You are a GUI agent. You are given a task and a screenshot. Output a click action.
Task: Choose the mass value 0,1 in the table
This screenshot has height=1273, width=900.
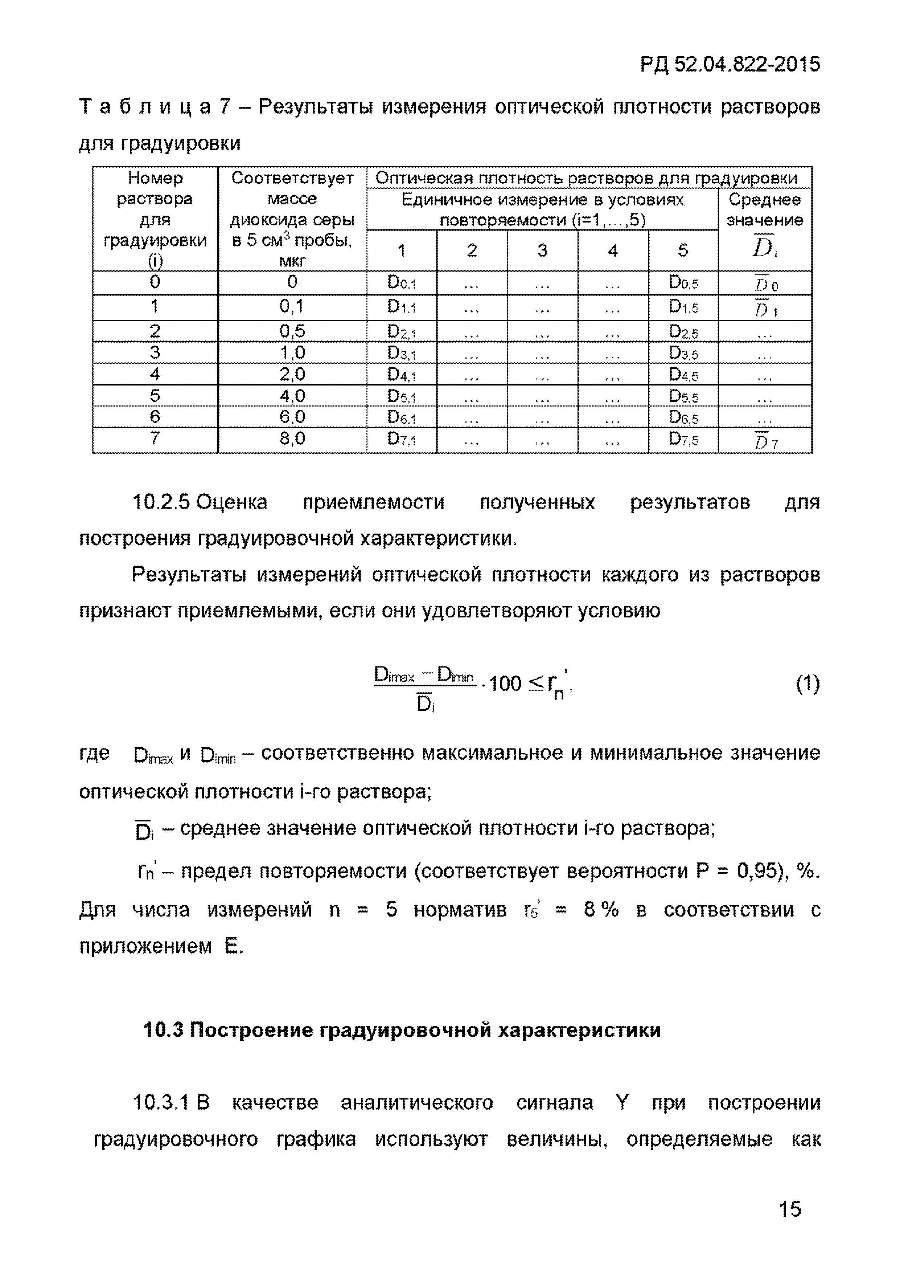click(x=292, y=307)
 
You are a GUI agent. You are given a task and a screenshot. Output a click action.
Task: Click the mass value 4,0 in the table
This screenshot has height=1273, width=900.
click(x=292, y=396)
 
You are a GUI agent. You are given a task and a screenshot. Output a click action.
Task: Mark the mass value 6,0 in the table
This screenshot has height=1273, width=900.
click(x=292, y=417)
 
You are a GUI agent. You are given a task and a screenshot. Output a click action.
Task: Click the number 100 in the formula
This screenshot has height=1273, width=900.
click(x=505, y=684)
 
